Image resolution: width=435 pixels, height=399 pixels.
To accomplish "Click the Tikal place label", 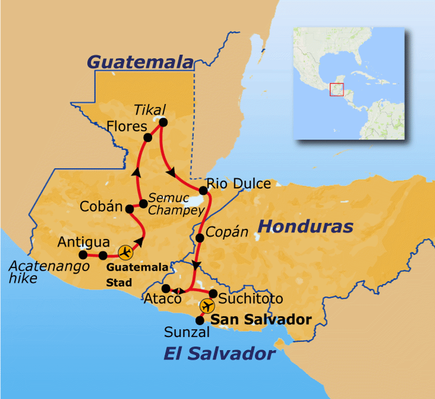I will coord(150,110).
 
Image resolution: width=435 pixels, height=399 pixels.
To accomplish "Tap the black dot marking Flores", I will coord(148,138).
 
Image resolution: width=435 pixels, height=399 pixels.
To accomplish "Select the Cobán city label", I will coord(100,208).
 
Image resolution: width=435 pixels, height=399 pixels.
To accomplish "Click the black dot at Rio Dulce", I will coord(203,190).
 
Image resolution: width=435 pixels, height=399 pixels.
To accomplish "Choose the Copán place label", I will coord(226,232).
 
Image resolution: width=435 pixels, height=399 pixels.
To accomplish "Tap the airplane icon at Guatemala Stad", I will coord(125,253).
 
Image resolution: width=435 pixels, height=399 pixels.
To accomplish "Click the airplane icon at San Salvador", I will coord(207,306).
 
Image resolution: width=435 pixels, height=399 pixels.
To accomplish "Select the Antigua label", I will coord(84,242).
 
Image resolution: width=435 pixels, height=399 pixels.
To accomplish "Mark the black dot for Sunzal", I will coord(199,320).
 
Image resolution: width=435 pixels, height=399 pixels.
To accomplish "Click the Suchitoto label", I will coord(250,298).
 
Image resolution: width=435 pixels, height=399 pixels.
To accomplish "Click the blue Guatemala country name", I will coord(140,62).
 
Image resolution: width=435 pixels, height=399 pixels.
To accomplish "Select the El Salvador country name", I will coord(219,353).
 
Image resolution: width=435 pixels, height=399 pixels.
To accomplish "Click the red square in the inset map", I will coord(336,90).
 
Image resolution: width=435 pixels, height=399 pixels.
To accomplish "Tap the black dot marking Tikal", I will coord(163,122).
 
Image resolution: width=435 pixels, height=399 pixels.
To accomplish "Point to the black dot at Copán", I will coord(200,238).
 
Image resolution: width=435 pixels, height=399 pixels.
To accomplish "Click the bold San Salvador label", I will coord(261,320).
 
